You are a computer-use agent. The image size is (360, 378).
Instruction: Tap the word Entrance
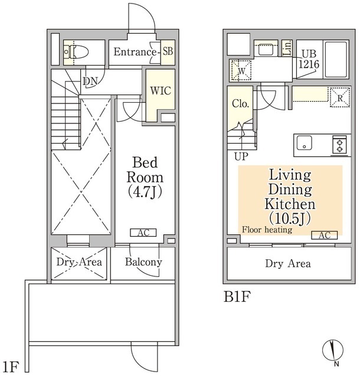[135, 53]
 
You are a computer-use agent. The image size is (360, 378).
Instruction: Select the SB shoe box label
[167, 53]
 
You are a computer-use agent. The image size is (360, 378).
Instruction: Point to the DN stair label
[90, 80]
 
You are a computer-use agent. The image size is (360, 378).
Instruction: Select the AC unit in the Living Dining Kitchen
[323, 235]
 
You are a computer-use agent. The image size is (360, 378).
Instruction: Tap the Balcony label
[143, 262]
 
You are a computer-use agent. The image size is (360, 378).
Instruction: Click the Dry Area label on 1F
[79, 262]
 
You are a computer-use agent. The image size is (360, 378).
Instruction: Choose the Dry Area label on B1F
[287, 263]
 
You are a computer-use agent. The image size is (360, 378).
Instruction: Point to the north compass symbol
[333, 348]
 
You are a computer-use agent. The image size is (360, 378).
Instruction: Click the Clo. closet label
[240, 103]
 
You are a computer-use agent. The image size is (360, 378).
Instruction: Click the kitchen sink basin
[305, 144]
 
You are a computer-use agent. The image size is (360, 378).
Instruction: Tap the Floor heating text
[267, 230]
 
